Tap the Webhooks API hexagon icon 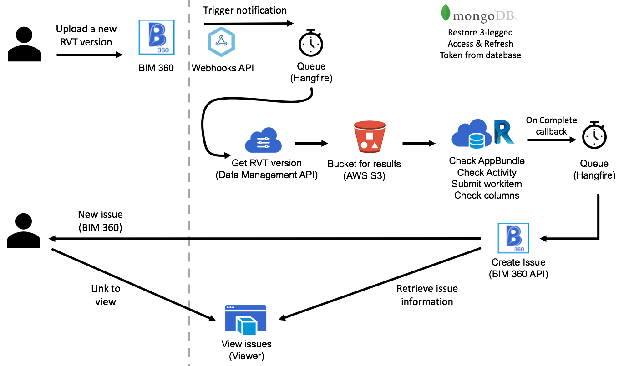[221, 42]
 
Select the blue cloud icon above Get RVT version [263, 141]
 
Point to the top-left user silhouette [24, 44]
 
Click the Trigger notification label [245, 10]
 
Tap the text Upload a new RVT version [86, 35]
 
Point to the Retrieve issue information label [427, 295]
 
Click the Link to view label [106, 295]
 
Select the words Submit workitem [487, 184]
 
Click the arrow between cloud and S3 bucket [311, 144]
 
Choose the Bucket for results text [364, 164]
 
